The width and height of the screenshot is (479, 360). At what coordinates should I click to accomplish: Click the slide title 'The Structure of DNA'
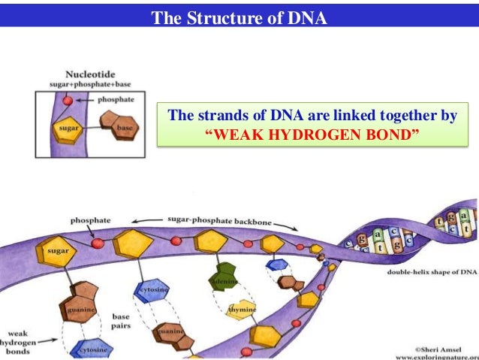pyautogui.click(x=239, y=17)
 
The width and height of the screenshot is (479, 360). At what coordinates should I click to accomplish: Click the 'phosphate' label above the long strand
pyautogui.click(x=91, y=220)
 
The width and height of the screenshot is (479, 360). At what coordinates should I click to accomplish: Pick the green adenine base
pyautogui.click(x=224, y=277)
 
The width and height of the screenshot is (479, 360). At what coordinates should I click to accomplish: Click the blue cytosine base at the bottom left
pyautogui.click(x=92, y=349)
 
